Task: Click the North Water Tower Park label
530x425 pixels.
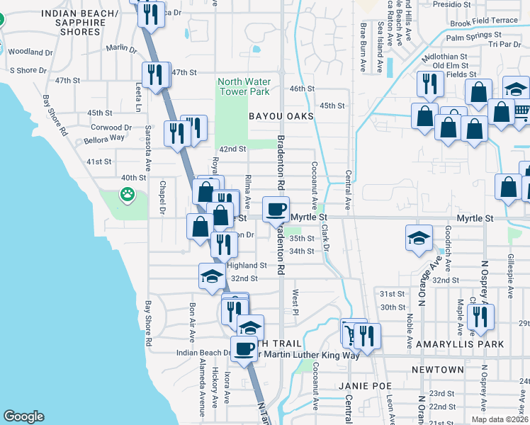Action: click(244, 86)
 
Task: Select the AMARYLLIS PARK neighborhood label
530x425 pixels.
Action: click(465, 344)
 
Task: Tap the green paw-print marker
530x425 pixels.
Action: click(128, 193)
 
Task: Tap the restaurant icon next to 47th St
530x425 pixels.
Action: click(154, 74)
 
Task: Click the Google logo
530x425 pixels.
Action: click(23, 416)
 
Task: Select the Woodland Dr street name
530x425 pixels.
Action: click(31, 52)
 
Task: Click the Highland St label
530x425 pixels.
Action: click(246, 265)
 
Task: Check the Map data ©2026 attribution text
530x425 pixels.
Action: click(498, 419)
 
